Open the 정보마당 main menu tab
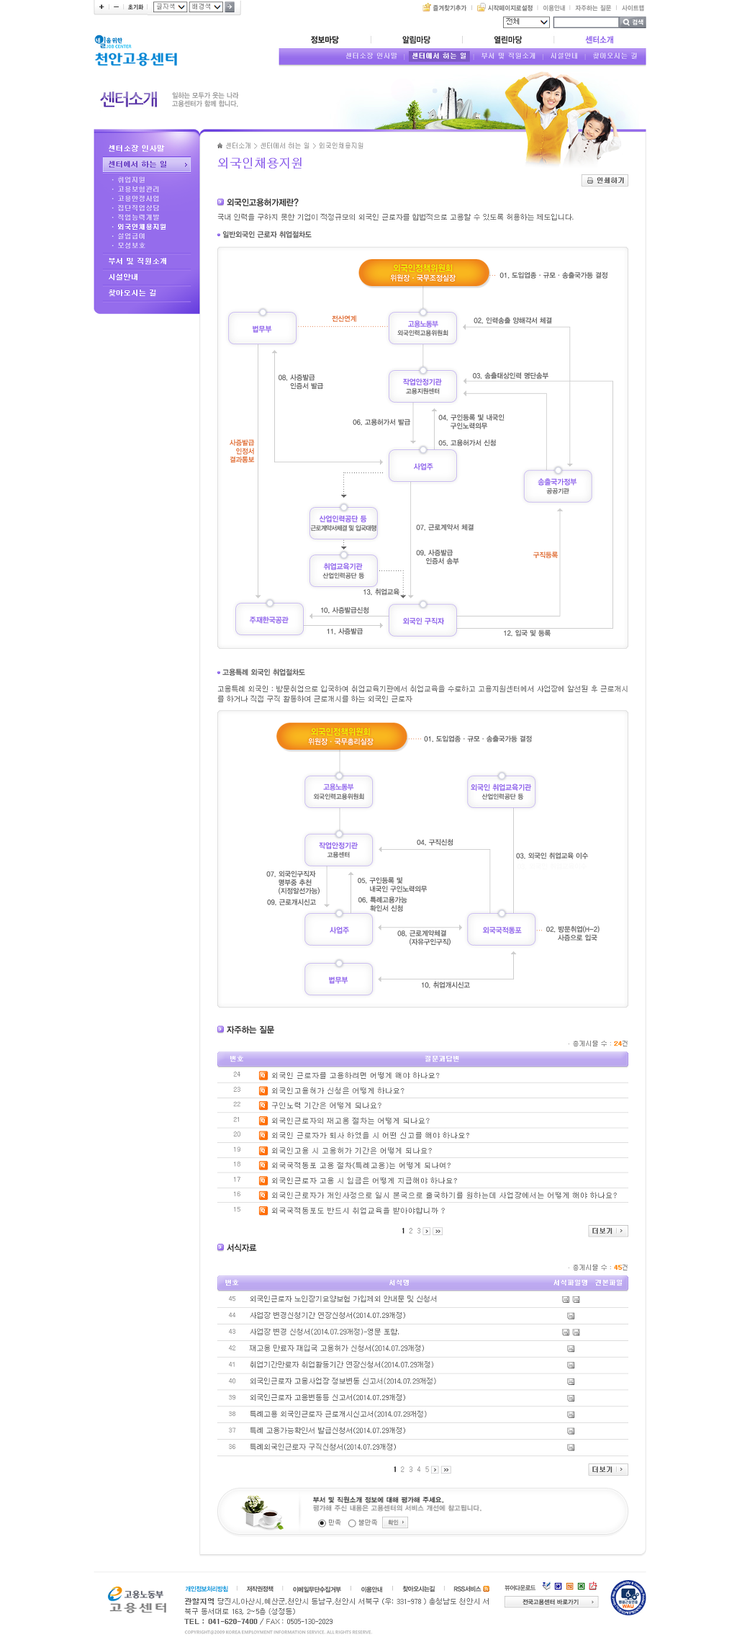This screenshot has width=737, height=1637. [325, 40]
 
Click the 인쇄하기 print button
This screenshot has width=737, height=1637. [605, 181]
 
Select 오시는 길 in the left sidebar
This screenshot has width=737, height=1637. [132, 293]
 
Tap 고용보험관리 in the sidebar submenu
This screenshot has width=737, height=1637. [138, 189]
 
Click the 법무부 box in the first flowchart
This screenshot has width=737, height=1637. [262, 329]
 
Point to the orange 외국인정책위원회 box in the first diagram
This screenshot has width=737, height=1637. [423, 273]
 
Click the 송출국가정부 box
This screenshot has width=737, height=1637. [558, 486]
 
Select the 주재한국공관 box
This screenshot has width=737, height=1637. [269, 620]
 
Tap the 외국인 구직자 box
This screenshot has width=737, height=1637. [423, 621]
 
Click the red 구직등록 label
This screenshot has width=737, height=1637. [545, 555]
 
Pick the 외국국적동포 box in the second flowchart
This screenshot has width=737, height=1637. [502, 930]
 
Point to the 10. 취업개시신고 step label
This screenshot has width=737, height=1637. [446, 985]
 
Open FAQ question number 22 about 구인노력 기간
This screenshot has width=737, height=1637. [327, 1105]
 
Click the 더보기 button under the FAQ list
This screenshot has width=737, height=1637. [607, 1231]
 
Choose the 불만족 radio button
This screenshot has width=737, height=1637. [352, 1523]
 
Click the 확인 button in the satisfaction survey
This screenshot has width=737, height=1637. [395, 1522]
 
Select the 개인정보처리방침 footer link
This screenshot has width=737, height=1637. [207, 1589]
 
